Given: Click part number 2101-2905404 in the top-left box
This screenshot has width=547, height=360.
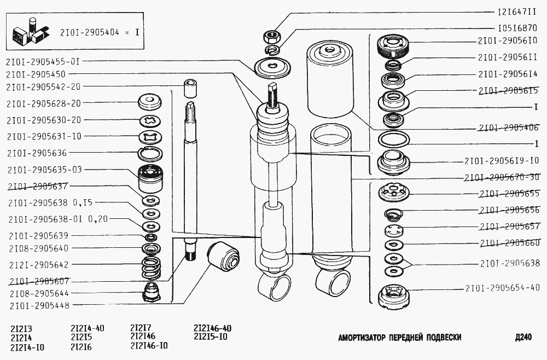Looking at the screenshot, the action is (x=89, y=33).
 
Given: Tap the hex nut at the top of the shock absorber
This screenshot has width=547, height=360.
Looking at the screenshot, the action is (x=271, y=36).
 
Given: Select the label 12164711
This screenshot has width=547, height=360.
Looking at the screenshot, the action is (x=517, y=13).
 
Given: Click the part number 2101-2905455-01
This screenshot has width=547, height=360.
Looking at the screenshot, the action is (x=43, y=62).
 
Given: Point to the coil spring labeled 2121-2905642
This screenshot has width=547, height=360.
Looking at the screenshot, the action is (x=152, y=268).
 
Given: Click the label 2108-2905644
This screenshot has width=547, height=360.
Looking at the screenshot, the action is (x=39, y=293).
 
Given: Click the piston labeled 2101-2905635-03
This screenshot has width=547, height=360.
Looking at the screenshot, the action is (x=150, y=178).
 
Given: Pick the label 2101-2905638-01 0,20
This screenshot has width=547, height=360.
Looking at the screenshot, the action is (x=59, y=219).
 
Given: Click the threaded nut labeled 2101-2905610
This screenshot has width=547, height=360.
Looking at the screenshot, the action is (x=393, y=46).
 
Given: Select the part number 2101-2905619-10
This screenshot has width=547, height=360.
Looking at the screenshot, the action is (x=502, y=161).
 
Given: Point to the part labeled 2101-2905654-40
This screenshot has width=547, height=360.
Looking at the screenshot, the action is (x=394, y=297).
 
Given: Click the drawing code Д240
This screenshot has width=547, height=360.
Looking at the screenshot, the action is (x=523, y=338).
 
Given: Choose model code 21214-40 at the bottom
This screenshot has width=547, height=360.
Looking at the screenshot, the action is (x=87, y=329).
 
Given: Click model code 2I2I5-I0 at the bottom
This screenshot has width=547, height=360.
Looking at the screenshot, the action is (x=210, y=337).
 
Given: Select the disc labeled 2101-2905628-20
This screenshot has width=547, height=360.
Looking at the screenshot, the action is (x=150, y=102).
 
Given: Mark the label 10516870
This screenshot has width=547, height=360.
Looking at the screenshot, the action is (x=517, y=28).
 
